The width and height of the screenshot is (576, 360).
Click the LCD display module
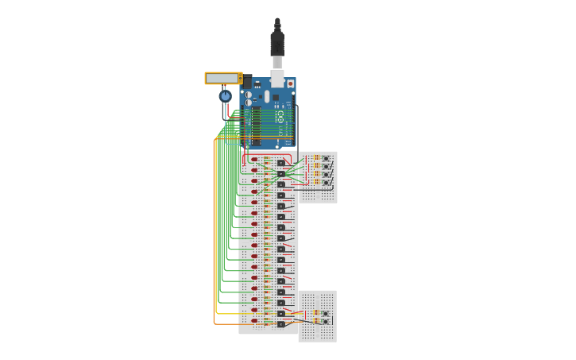coord(222,78)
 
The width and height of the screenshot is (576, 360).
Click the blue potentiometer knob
coord(225,96)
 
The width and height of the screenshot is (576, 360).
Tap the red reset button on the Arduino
coord(290,83)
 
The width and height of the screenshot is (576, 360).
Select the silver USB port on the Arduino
coord(277,78)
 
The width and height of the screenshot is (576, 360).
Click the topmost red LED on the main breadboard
coord(254,159)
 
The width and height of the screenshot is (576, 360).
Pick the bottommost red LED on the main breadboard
coord(254,321)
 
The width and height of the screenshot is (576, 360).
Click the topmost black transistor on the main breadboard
coord(281,162)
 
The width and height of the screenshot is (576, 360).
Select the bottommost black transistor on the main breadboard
coord(281,324)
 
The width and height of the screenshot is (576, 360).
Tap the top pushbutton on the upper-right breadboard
coord(326,158)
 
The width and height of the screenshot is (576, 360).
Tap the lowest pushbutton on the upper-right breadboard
coord(326,182)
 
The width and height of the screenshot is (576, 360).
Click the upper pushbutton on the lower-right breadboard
coord(325,313)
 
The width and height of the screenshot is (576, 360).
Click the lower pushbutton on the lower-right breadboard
coord(325,322)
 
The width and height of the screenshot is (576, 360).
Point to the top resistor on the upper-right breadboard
coord(317,157)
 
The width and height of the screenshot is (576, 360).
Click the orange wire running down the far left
coord(214,238)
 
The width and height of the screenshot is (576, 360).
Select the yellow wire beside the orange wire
coord(218,238)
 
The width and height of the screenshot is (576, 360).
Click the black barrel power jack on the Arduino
coord(247,81)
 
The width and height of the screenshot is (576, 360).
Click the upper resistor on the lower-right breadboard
coord(316,312)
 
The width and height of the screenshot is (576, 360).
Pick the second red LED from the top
coord(254,170)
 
